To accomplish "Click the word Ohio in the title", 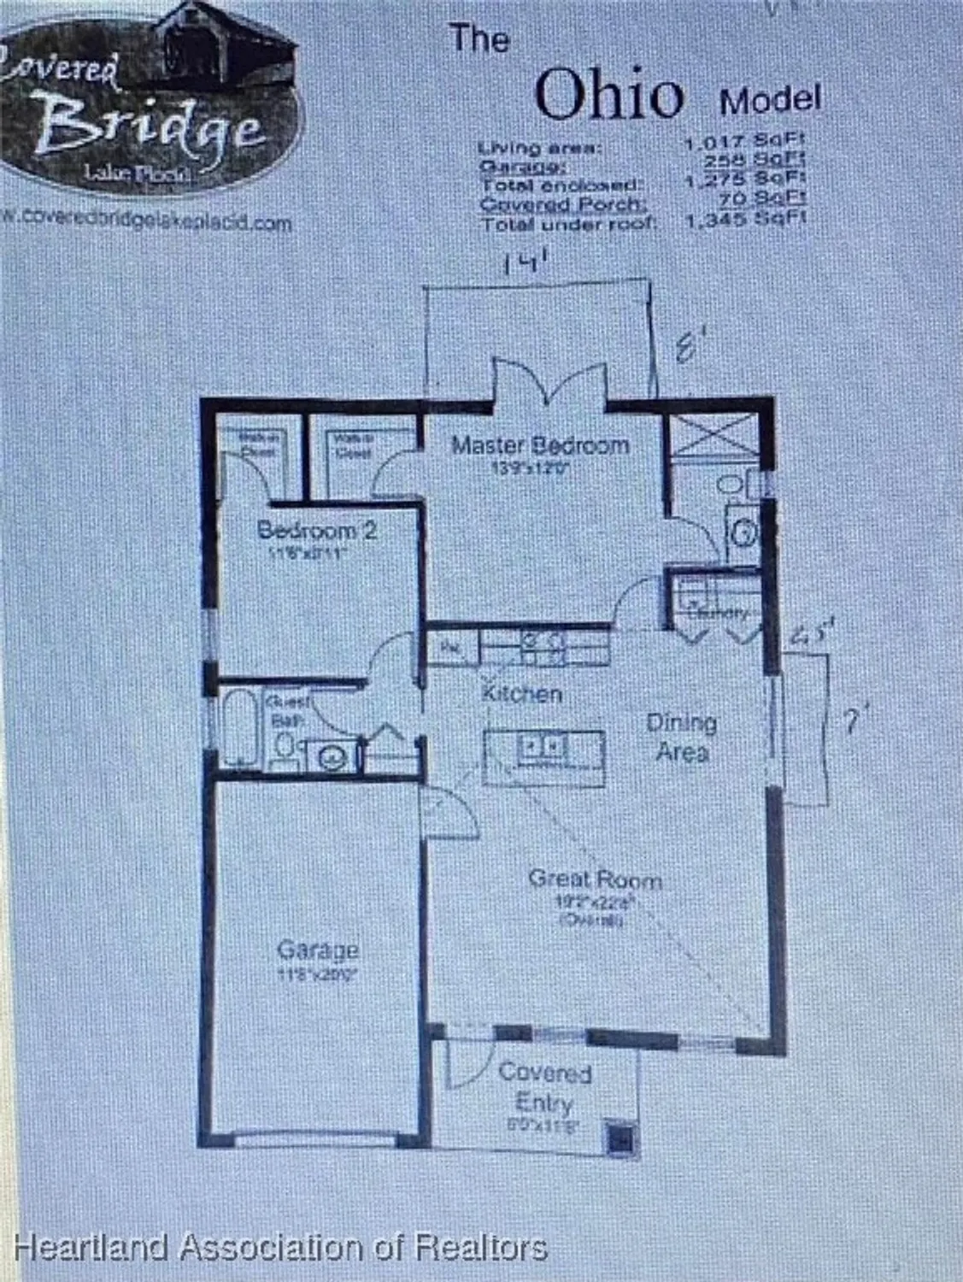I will point(609,94).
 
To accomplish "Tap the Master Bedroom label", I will point(540,445).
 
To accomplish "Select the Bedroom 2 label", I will point(316,530).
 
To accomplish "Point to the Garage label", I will point(318,950).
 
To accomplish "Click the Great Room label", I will point(595,879).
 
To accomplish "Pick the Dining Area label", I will point(681,737).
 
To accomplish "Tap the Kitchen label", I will point(521,693).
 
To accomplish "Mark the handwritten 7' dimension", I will point(849,725).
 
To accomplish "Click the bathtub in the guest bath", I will point(238,729).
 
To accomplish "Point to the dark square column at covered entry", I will point(621,1138).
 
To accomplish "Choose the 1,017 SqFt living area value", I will point(745,142).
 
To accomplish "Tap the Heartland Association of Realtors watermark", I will point(280,1247).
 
